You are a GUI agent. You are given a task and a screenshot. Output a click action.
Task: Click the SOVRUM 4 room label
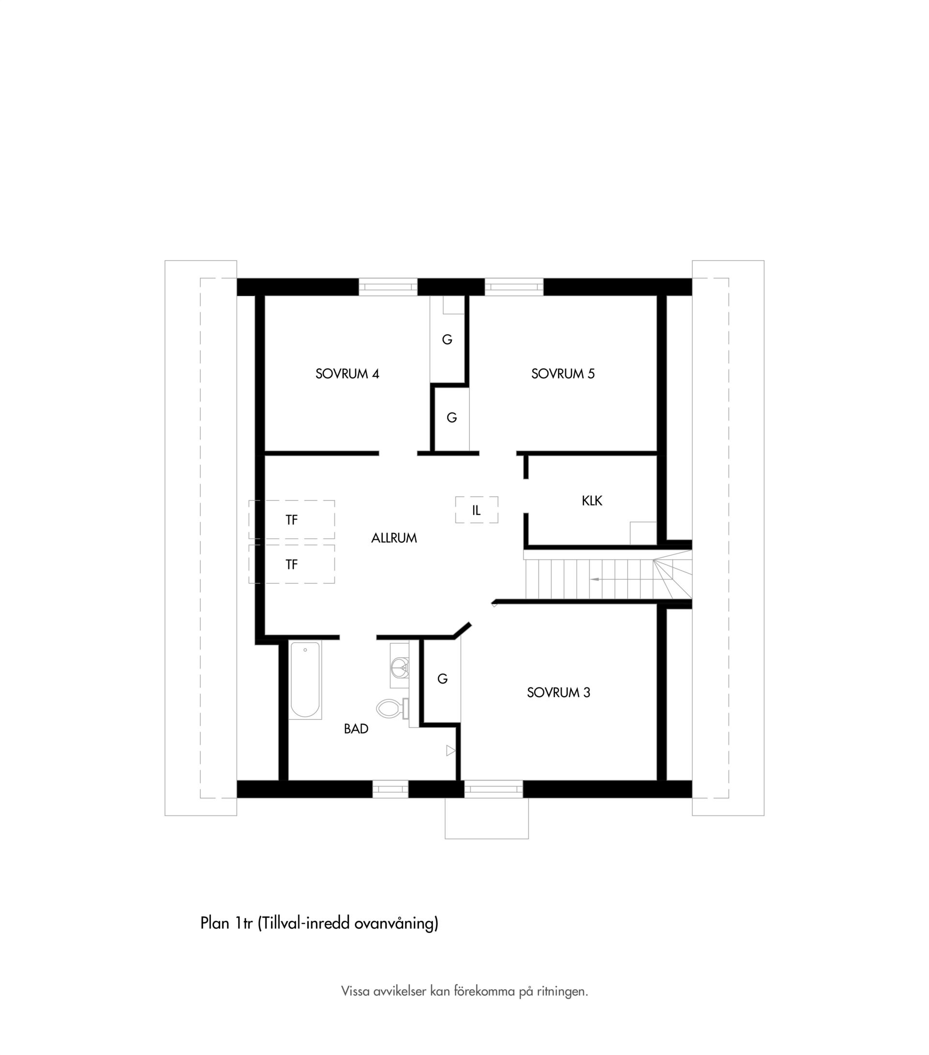[347, 374]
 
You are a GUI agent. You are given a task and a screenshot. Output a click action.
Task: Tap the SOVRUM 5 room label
[563, 374]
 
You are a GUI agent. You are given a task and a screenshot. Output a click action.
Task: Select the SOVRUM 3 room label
[558, 693]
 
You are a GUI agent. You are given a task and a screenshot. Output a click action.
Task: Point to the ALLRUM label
[393, 538]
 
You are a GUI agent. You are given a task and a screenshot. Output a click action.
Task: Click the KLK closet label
[592, 500]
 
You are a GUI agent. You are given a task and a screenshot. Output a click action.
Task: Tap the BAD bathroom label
[356, 729]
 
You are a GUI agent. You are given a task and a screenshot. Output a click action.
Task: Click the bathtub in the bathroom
[305, 680]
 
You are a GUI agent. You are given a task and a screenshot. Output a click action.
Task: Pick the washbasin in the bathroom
[399, 666]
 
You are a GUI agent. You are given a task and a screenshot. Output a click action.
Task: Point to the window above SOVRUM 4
[388, 287]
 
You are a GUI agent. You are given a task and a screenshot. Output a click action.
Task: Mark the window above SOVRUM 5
[514, 287]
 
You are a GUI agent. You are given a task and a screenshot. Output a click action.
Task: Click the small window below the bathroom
[390, 789]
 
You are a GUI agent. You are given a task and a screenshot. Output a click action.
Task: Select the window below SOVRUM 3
[494, 789]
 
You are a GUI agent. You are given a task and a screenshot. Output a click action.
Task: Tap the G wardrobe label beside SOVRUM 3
[442, 679]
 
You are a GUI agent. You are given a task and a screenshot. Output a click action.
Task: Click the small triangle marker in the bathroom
[450, 750]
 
